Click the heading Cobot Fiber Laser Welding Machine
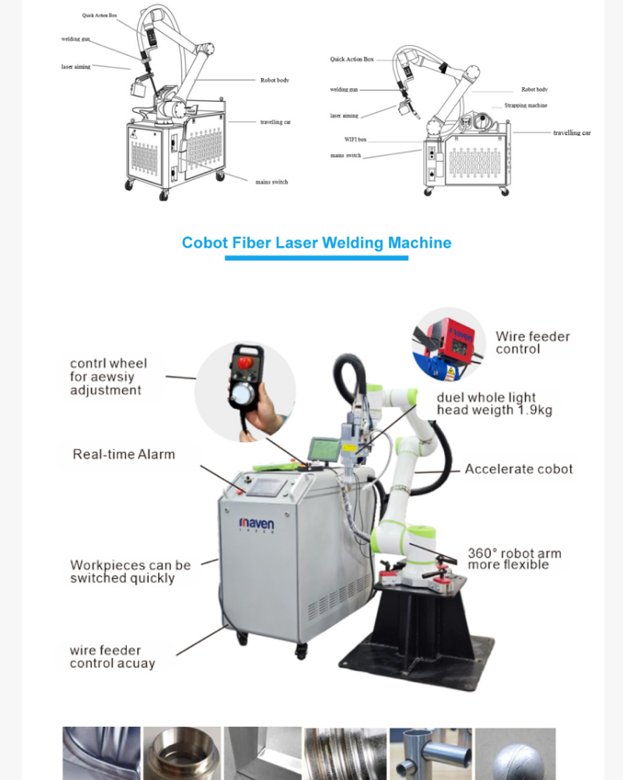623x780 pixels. (316, 243)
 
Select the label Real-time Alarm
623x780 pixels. (124, 455)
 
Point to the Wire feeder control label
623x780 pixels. (532, 343)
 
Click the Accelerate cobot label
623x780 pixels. (518, 469)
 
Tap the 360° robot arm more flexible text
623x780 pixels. (513, 559)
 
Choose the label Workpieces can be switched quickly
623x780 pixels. (130, 571)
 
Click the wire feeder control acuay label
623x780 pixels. (112, 657)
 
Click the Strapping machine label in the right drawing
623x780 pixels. (525, 105)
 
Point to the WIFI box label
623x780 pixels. (355, 139)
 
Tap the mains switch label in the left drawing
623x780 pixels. (271, 182)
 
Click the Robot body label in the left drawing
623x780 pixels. (275, 80)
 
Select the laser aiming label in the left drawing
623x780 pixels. (75, 67)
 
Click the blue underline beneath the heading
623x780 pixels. (316, 258)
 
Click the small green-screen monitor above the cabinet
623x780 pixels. (324, 450)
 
